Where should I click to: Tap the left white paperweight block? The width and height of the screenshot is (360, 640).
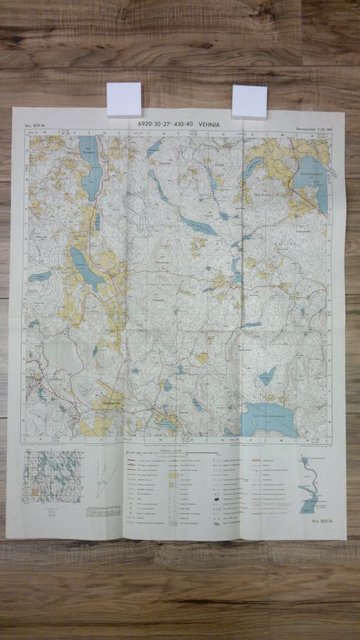point(124,100)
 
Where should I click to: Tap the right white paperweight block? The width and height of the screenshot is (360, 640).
point(249,102)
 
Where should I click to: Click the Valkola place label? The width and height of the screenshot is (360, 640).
point(305,151)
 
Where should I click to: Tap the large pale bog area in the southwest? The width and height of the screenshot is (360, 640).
point(63,354)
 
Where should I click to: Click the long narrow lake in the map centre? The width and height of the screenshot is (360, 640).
point(198,225)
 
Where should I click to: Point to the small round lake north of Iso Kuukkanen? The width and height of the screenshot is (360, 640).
point(268,375)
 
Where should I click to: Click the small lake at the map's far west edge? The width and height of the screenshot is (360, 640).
point(40,276)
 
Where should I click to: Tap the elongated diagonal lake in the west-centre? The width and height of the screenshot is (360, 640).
point(86,267)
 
